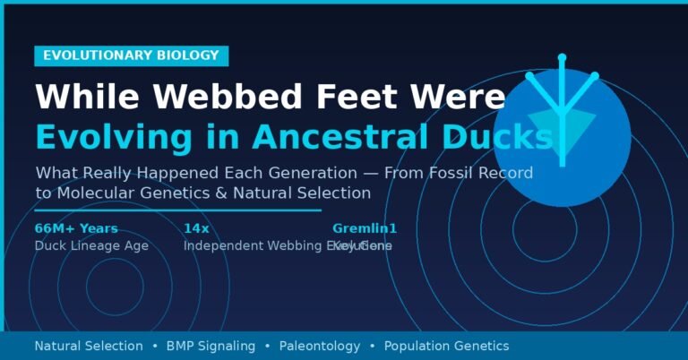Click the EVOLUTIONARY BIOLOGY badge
click(x=131, y=56)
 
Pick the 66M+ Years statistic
click(x=76, y=228)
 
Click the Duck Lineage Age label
click(x=91, y=245)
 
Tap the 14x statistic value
click(x=196, y=228)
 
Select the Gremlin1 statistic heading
click(x=365, y=228)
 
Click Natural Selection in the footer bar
click(x=88, y=346)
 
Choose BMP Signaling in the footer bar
click(x=211, y=346)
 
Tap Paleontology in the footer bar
click(x=319, y=346)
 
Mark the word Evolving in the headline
click(x=94, y=136)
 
